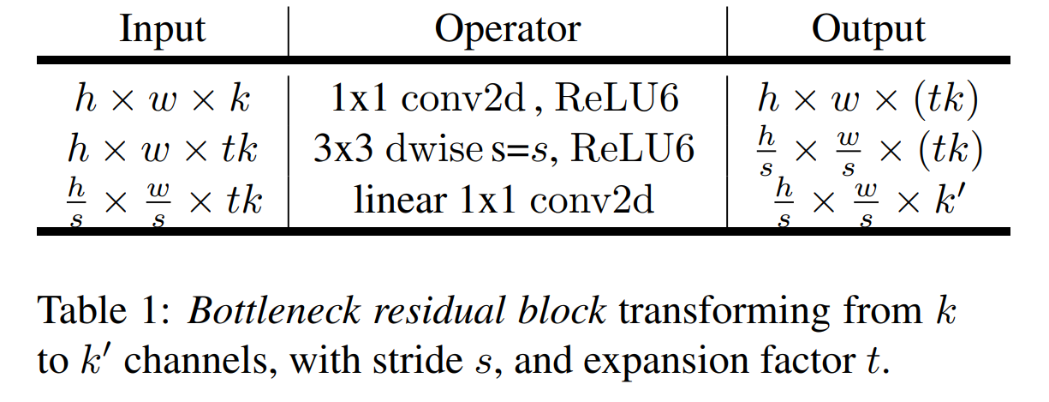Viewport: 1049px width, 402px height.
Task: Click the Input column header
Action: (163, 30)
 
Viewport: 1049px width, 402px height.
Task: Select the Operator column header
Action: (507, 30)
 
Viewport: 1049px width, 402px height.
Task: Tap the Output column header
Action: (867, 30)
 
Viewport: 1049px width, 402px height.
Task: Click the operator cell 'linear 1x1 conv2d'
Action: (505, 201)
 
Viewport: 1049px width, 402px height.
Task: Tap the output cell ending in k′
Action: (867, 202)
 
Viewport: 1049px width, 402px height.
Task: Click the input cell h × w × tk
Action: (163, 151)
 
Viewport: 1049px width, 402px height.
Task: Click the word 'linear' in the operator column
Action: (399, 201)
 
